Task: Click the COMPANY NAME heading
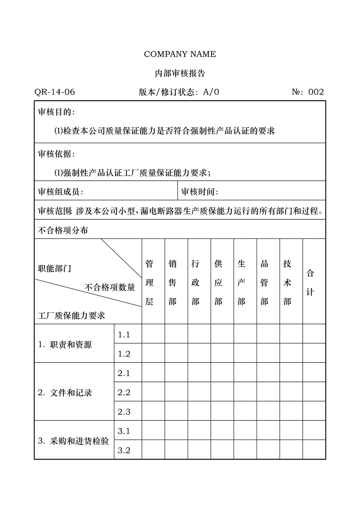pos(180,54)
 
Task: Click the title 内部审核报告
pos(180,73)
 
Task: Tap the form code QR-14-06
pos(55,92)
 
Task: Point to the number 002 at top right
pos(316,92)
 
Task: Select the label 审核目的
pos(56,112)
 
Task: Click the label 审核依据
pos(56,154)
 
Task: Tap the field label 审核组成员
pos(61,192)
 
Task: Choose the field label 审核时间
pos(200,192)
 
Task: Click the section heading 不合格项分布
pos(63,230)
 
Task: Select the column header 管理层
pos(149,283)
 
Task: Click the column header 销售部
pos(173,283)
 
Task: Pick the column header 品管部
pos(265,283)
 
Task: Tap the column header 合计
pos(310,283)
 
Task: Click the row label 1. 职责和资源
pos(65,344)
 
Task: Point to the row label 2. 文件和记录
pos(65,393)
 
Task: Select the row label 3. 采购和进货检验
pos(74,441)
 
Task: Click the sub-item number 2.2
pos(124,393)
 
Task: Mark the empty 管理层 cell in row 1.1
pos(153,334)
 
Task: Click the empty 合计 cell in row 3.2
pos(314,450)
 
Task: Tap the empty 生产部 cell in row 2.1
pos(245,373)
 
